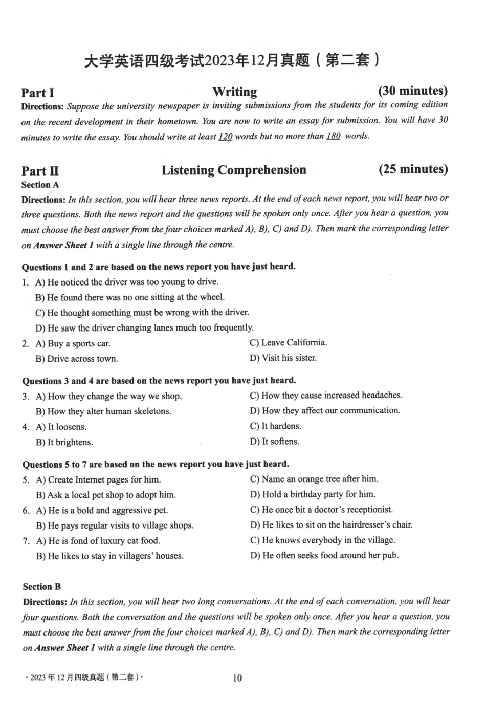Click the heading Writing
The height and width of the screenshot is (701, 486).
[x=235, y=92]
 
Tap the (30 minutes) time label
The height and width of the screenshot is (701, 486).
[x=412, y=91]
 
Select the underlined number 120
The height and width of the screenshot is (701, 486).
[x=225, y=137]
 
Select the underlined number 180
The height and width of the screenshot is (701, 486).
[x=333, y=136]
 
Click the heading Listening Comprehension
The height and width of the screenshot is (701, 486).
[x=234, y=170]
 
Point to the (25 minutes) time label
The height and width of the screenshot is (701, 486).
[x=413, y=169]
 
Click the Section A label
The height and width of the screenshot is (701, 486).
[x=40, y=185]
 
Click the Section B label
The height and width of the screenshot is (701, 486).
[x=42, y=587]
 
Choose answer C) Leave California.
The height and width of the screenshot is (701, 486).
[x=288, y=342]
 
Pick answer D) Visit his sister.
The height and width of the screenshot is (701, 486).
[x=283, y=358]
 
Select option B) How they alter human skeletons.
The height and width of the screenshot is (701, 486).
[x=103, y=411]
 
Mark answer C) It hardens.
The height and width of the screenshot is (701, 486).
[x=275, y=426]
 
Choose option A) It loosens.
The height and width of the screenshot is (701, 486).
[x=61, y=427]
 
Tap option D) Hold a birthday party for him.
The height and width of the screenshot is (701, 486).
[x=312, y=494]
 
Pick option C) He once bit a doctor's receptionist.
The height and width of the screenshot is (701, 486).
[x=321, y=510]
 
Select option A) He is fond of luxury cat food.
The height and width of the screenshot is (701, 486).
[x=98, y=541]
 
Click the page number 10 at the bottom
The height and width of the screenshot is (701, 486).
[x=237, y=678]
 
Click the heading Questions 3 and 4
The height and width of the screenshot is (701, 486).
[x=159, y=381]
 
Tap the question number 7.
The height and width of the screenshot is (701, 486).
[x=26, y=541]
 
